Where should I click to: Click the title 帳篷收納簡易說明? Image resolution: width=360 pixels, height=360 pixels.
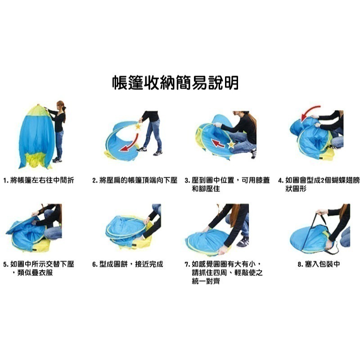(175, 83)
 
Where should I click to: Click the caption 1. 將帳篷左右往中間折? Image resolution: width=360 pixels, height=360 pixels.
(38, 180)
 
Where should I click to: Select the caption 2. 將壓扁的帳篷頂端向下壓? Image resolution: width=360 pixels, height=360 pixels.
(135, 180)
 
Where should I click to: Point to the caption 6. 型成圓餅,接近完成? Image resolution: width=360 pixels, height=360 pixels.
(128, 264)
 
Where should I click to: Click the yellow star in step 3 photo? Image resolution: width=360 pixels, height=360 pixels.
(231, 145)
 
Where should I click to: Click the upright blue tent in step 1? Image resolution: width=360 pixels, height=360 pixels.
(36, 135)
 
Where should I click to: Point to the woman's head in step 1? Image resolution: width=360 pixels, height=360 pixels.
(60, 105)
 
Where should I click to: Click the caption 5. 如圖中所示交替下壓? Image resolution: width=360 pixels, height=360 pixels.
(38, 264)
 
